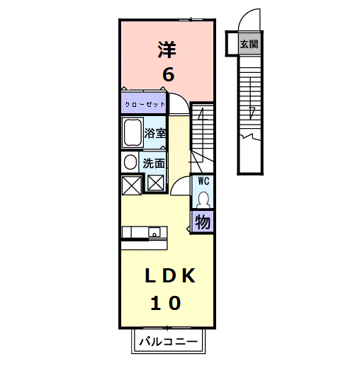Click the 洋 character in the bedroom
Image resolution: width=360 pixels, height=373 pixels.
167,50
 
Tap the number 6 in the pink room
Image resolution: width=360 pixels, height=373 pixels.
168,74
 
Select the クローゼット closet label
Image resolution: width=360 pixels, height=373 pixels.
145,105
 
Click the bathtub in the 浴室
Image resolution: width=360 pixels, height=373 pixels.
133,133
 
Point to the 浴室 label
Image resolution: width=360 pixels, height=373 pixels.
155,133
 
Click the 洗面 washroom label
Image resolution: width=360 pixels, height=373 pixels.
154,163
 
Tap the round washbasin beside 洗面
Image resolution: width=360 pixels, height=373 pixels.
130,162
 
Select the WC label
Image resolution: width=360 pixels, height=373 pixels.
203,181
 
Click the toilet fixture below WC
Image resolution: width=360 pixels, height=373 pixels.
203,200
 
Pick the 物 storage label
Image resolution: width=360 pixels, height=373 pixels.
203,222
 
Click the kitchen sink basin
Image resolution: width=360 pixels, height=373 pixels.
154,232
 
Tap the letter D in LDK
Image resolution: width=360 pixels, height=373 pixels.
170,275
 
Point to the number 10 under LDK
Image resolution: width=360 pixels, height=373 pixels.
166,303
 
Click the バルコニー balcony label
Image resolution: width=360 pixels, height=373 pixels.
169,342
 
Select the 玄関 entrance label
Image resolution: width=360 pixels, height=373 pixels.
249,44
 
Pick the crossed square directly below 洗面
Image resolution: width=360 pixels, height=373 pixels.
156,183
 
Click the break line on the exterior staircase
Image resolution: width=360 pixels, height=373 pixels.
249,137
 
